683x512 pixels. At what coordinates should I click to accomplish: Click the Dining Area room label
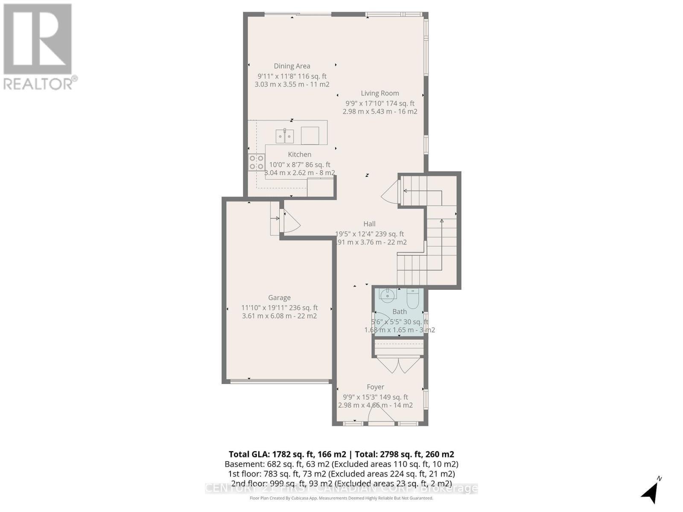click(x=292, y=66)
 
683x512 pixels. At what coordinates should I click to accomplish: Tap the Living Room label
click(x=379, y=93)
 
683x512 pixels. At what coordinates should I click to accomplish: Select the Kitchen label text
click(x=299, y=154)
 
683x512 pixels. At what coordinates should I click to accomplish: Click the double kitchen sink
click(x=284, y=137)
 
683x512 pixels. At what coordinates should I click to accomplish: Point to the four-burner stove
click(x=257, y=162)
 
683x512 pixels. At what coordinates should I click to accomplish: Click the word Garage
click(x=279, y=298)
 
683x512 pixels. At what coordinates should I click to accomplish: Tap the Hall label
click(x=369, y=224)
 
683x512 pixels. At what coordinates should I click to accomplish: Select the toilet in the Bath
click(x=412, y=298)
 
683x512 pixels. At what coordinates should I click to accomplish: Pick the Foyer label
click(x=375, y=387)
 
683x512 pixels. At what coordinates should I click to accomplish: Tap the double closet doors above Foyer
click(x=398, y=365)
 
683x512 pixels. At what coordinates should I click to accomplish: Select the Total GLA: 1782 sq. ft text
click(x=287, y=454)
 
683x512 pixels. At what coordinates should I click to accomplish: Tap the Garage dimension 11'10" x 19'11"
click(x=279, y=308)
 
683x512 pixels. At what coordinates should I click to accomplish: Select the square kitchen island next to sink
click(x=309, y=136)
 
